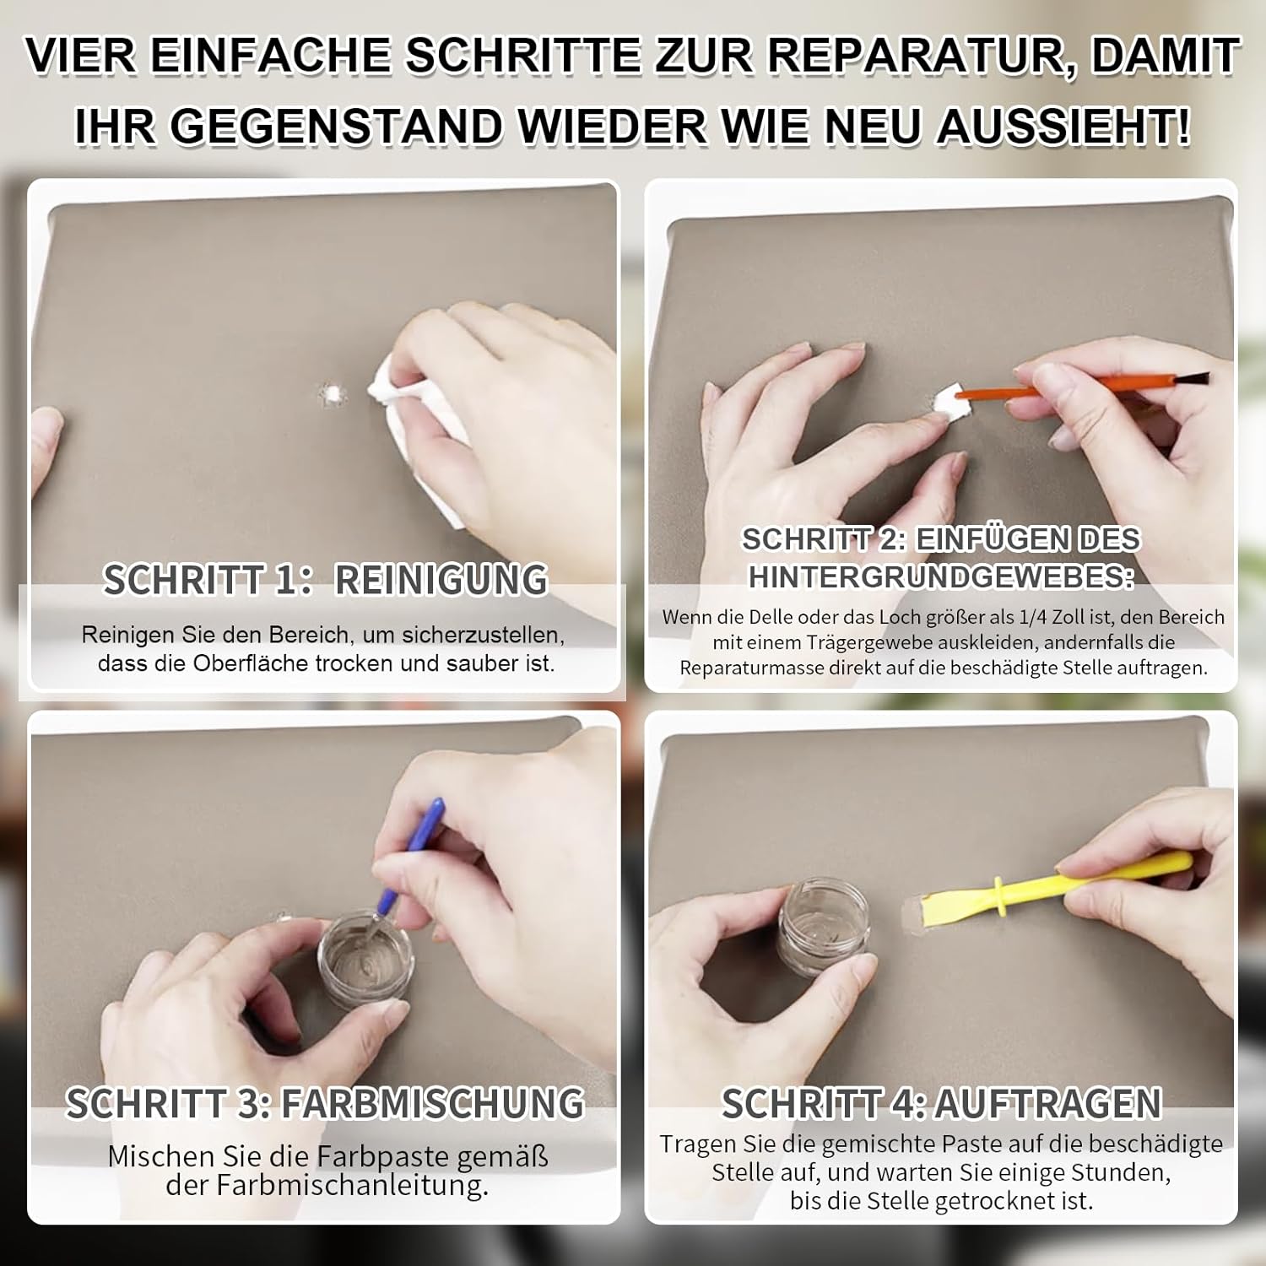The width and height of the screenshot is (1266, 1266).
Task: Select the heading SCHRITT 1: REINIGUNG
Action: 326,580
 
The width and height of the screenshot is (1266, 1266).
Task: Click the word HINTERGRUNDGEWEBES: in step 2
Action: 941,576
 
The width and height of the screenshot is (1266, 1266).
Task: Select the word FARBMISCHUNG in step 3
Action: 432,1103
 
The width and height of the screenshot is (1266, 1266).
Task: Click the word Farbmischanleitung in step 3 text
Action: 352,1185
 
